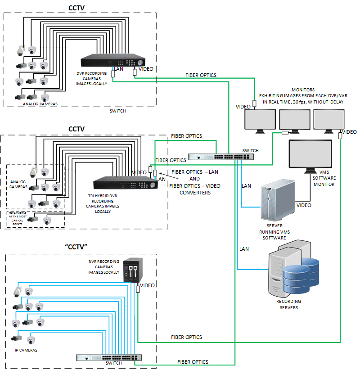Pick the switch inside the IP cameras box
tap(111, 357)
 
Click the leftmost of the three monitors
tap(260, 120)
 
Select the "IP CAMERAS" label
tap(26, 350)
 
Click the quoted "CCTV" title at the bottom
tap(76, 247)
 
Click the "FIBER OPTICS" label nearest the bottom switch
tap(193, 361)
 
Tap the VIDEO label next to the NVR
tap(147, 285)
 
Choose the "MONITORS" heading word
tap(303, 90)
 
